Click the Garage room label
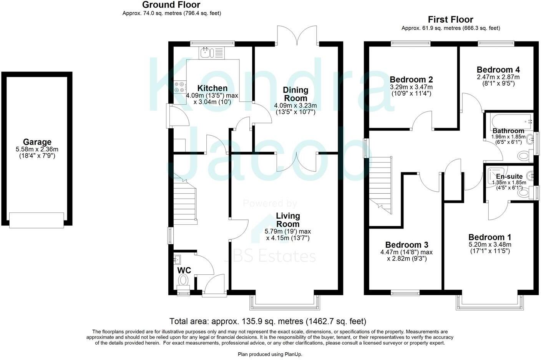(x=37, y=142)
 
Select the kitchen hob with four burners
(x=179, y=87)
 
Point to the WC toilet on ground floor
(x=184, y=280)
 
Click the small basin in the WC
(x=177, y=260)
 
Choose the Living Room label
(x=288, y=220)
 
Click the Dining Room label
(x=295, y=94)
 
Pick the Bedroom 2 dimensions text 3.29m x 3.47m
(x=411, y=87)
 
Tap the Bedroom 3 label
(x=407, y=245)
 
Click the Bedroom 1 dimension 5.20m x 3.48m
(x=490, y=244)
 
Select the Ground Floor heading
(x=171, y=5)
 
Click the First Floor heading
(x=450, y=20)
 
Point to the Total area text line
(x=268, y=321)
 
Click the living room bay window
(x=285, y=303)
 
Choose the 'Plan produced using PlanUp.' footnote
(x=270, y=354)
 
